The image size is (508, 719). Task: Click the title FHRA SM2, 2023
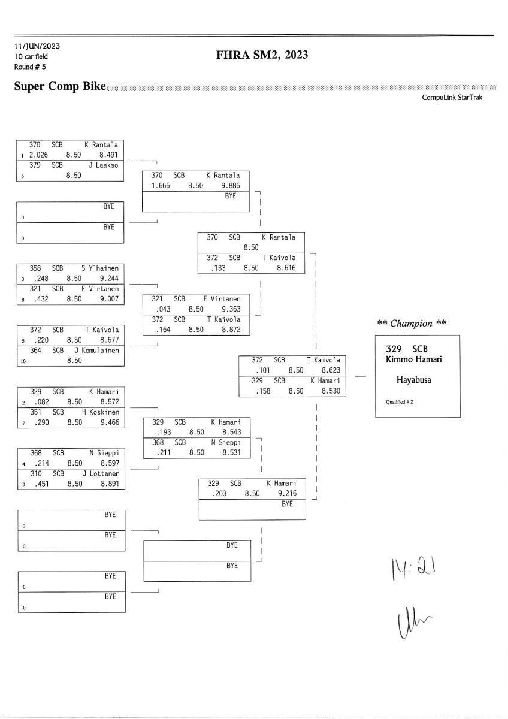[262, 56]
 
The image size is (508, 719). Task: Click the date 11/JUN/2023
[37, 46]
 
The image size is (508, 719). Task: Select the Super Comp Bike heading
[60, 87]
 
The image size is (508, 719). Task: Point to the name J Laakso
[103, 165]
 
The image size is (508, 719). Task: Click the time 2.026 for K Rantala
[38, 155]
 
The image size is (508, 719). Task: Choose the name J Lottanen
[100, 473]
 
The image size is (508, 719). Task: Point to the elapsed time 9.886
[231, 186]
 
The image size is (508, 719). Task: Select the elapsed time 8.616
[286, 268]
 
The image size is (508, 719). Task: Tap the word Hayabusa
[413, 379]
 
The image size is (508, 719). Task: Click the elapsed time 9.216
[286, 494]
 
